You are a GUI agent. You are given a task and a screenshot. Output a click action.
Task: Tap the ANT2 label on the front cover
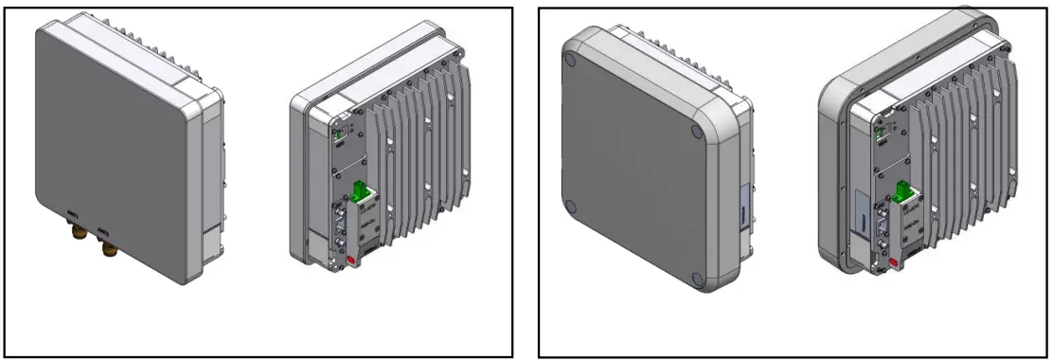click(x=104, y=229)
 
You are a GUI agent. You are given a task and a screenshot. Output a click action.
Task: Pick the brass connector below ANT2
click(x=105, y=248)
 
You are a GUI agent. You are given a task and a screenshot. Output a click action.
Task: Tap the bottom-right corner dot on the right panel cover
click(x=698, y=279)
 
